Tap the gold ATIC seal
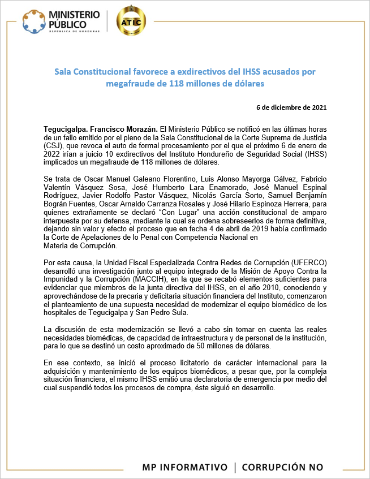coord(131,21)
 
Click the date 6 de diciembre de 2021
coord(291,107)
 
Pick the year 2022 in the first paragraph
coord(53,154)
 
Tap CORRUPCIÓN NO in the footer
coord(282,467)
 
